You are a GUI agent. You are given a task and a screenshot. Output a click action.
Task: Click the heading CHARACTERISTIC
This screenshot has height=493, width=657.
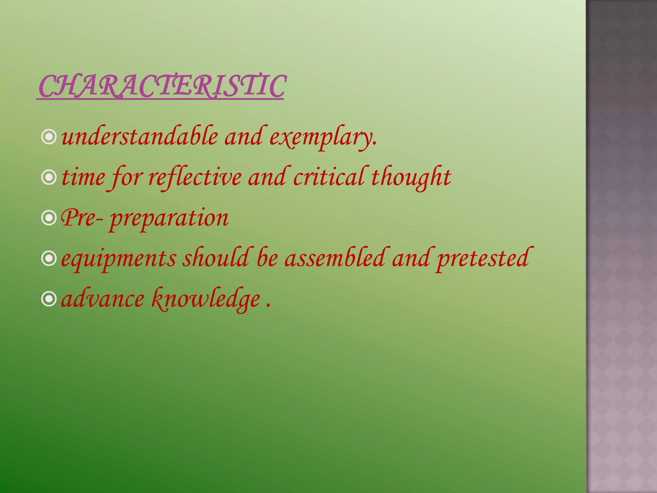pos(161,86)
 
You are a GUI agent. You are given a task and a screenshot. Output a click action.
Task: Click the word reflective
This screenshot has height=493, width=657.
pos(195,177)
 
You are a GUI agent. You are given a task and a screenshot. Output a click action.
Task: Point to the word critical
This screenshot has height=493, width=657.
pos(329,177)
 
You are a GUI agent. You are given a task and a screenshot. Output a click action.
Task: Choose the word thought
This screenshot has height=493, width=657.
pos(411,177)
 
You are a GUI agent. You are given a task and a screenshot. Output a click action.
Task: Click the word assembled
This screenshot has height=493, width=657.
pos(335,258)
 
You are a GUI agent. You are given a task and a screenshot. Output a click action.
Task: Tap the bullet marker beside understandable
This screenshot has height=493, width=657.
pos(49,137)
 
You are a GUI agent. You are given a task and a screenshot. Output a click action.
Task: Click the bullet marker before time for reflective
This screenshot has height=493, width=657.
pos(49,177)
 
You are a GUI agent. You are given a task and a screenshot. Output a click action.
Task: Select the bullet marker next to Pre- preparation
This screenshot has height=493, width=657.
pos(49,218)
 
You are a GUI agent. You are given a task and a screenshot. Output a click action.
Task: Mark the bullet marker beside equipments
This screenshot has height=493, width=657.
pos(49,259)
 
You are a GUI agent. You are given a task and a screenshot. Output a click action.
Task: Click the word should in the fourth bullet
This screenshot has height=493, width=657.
pos(216,258)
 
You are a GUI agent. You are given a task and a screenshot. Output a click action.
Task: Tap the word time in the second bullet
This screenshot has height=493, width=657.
pos(83,177)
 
